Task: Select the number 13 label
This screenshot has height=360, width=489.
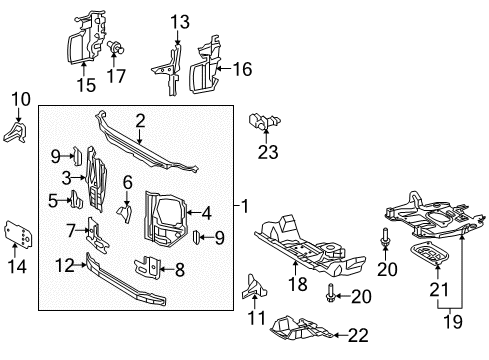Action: [179, 22]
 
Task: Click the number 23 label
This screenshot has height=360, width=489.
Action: [267, 153]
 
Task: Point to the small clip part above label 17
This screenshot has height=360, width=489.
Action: [116, 45]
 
